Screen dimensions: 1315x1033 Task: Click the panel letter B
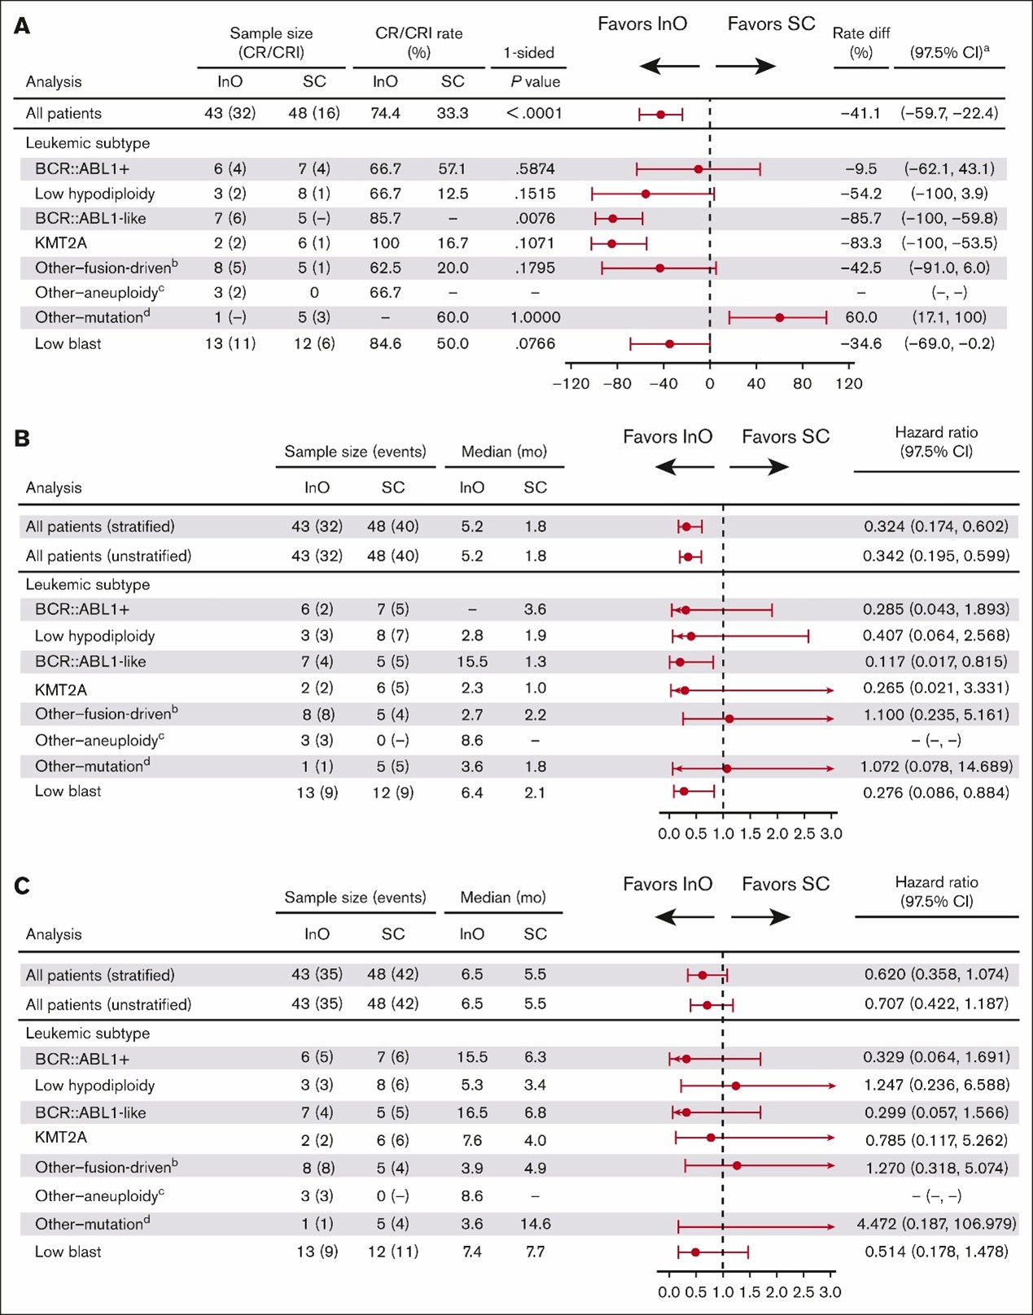point(23,439)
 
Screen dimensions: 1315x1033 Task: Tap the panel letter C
point(23,885)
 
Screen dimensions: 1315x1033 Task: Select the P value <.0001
point(534,113)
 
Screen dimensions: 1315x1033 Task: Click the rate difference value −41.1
point(860,113)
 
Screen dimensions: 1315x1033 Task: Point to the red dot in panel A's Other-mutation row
point(779,317)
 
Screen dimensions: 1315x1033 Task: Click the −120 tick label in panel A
point(571,383)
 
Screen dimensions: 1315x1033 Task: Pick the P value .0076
point(535,218)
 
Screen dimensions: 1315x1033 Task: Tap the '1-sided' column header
point(528,53)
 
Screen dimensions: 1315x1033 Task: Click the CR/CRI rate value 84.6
point(385,343)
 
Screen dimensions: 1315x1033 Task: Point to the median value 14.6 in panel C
point(535,1224)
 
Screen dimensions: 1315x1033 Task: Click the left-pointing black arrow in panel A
point(669,65)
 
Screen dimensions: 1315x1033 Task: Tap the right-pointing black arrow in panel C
point(760,918)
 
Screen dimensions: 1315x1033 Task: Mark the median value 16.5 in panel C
point(472,1112)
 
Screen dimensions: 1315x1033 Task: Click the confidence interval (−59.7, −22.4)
point(949,113)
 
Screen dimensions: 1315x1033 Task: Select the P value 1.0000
point(535,317)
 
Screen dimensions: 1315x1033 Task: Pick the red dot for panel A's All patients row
point(660,115)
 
